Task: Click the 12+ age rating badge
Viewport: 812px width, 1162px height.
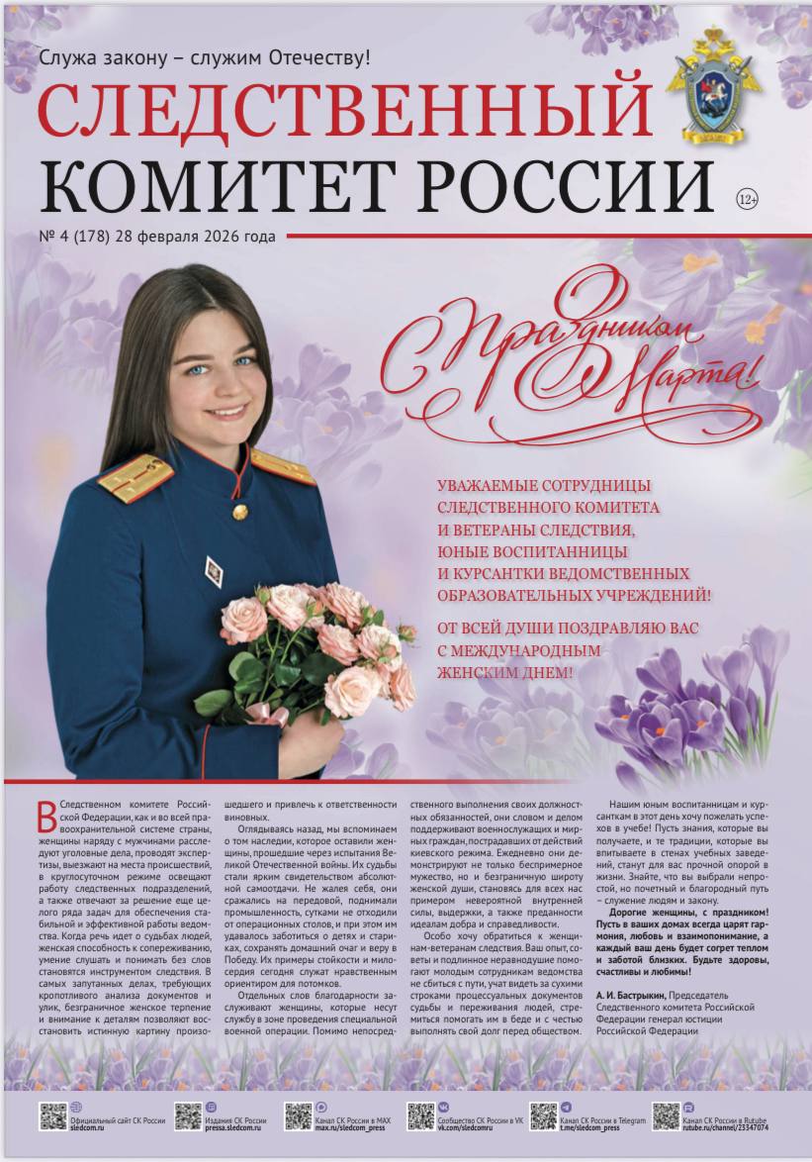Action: tap(748, 199)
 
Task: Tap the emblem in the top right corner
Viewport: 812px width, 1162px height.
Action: tap(713, 86)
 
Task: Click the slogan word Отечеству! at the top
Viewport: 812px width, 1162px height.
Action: tap(321, 57)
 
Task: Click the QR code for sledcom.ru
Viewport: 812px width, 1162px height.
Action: tap(53, 1115)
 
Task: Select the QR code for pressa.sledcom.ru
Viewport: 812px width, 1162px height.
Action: tap(188, 1115)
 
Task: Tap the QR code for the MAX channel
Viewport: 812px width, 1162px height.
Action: tap(299, 1115)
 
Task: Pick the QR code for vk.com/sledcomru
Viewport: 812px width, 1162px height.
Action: tap(420, 1115)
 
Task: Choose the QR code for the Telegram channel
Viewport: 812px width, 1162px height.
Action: tap(543, 1115)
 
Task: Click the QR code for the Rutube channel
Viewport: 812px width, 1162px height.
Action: tap(666, 1115)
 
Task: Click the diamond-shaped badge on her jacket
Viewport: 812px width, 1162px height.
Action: tap(214, 567)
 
